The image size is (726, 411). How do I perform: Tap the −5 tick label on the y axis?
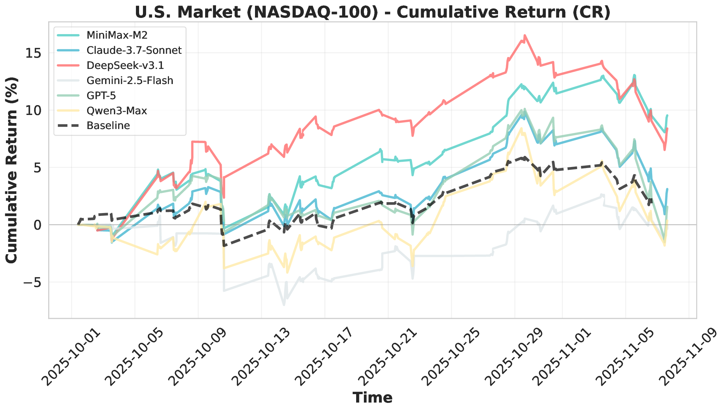click(x=33, y=282)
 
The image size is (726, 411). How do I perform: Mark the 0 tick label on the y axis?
click(x=39, y=225)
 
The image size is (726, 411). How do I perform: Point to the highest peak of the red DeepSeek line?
click(x=524, y=35)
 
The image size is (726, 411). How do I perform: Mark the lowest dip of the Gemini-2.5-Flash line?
click(x=284, y=305)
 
